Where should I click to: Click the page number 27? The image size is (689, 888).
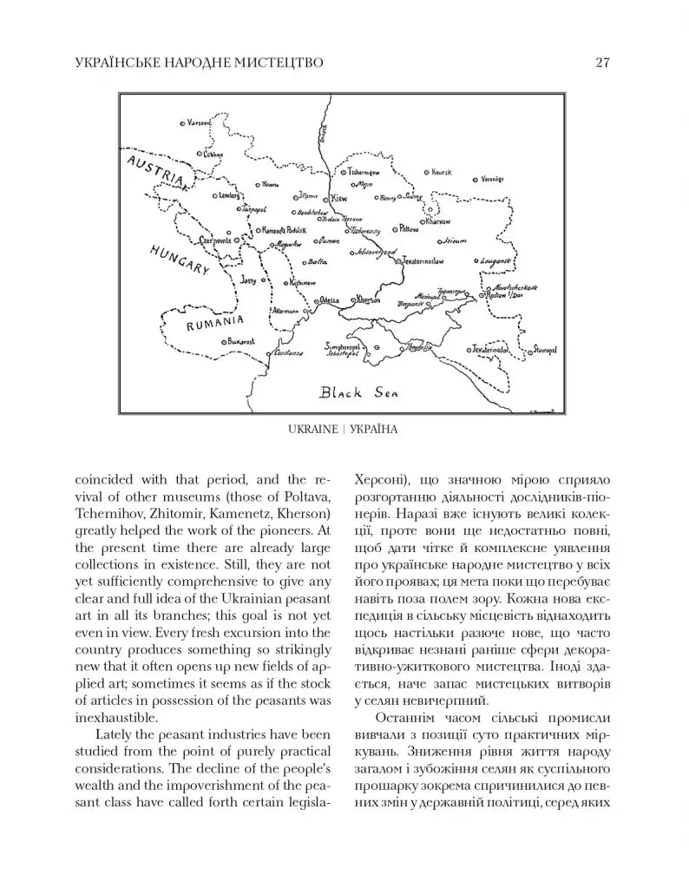(x=605, y=62)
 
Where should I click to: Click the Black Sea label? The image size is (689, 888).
(x=358, y=392)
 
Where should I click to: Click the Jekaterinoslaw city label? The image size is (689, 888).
(x=423, y=260)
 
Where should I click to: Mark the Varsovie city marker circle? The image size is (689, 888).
(x=183, y=123)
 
